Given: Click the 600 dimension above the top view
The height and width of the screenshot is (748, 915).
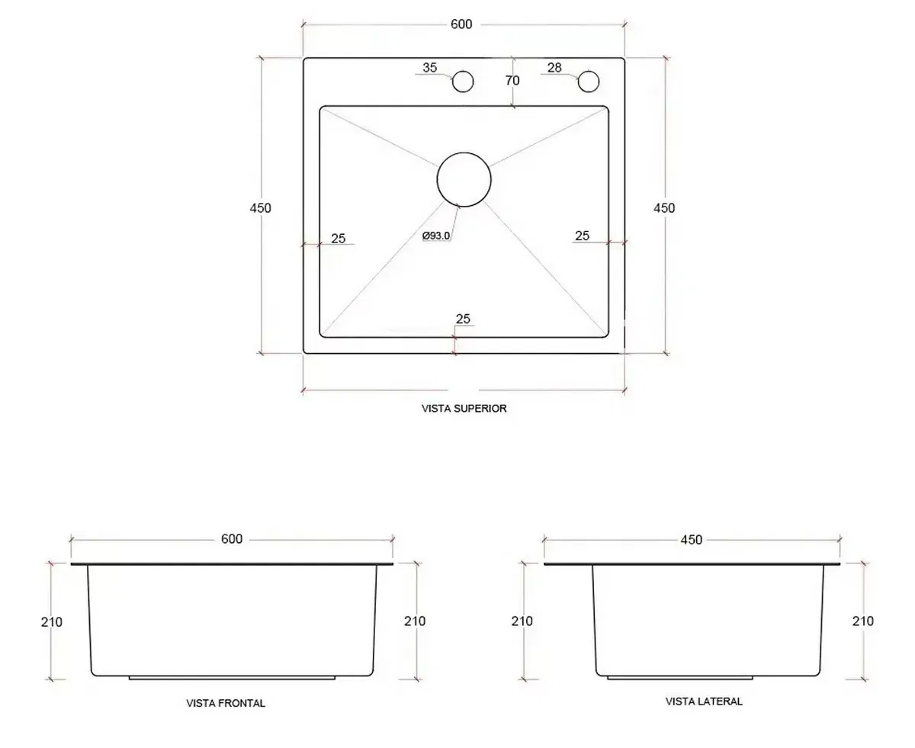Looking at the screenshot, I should (461, 24).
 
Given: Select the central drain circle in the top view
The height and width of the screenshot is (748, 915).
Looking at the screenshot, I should (464, 179).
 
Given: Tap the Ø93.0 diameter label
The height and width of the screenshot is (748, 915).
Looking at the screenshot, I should (436, 236).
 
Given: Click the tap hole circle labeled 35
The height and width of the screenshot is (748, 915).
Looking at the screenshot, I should (463, 81).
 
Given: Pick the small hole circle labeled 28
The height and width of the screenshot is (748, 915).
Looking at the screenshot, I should (588, 81).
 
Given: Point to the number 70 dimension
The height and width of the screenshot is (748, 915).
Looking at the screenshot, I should (512, 81).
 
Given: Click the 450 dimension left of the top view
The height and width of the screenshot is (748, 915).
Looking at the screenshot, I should (260, 207).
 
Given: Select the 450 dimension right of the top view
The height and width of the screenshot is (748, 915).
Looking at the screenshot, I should (664, 207).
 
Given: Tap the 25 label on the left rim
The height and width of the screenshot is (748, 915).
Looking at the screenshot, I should (338, 239).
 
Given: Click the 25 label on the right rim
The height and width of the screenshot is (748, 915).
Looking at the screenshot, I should (582, 236).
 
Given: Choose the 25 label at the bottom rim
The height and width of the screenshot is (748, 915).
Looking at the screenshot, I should (463, 319).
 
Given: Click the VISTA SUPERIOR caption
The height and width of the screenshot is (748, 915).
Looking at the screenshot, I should (464, 409).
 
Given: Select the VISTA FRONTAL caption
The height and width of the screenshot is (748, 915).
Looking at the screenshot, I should (226, 703).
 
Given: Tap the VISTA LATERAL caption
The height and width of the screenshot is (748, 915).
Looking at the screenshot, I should (704, 701).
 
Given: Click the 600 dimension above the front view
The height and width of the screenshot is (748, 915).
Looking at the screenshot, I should (232, 539).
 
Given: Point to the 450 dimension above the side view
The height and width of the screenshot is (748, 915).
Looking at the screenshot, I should (691, 540).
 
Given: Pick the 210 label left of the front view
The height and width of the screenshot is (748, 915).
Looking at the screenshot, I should (52, 621).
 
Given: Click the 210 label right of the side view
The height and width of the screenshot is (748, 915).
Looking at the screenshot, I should (862, 621).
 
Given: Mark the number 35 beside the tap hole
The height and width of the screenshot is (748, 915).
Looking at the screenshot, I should (430, 68).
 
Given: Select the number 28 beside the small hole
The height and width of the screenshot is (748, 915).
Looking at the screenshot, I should (554, 68).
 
